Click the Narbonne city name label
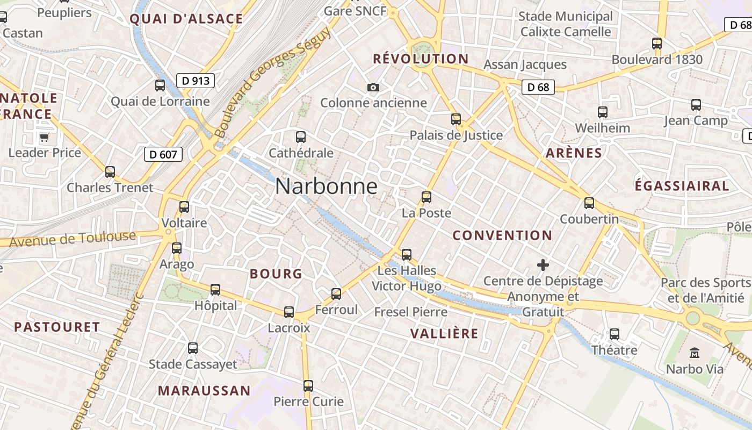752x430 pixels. click(326, 187)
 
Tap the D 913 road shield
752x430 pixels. click(196, 81)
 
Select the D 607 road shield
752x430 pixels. click(163, 155)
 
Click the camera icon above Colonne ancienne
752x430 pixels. click(373, 87)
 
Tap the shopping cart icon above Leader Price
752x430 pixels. click(45, 137)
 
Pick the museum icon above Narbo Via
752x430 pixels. click(695, 353)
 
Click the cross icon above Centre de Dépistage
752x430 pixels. click(543, 265)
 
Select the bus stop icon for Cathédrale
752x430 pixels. click(301, 137)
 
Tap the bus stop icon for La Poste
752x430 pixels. click(426, 197)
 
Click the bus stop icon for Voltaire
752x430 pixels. click(184, 207)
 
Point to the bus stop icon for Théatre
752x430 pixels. click(614, 334)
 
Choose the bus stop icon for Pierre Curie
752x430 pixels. click(308, 385)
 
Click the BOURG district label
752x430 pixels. click(276, 274)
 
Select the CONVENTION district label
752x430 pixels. click(502, 235)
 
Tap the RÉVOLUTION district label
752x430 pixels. click(421, 59)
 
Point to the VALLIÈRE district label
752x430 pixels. click(444, 333)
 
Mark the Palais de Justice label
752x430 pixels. click(456, 135)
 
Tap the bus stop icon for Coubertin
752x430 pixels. click(589, 203)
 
